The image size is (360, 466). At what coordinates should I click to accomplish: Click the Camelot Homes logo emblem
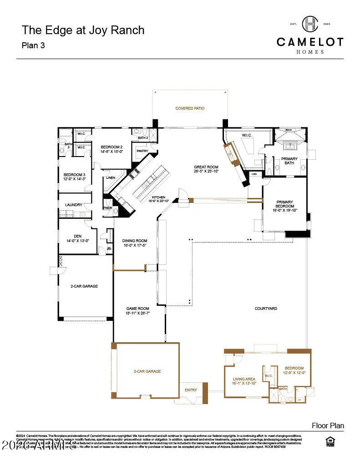pos(310,24)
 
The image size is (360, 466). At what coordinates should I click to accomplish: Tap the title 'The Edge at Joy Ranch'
pos(83,30)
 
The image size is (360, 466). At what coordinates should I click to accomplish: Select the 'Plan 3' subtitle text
pos(34,46)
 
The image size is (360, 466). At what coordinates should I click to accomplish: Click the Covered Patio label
pos(190,108)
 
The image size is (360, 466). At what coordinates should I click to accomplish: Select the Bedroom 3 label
pos(74,175)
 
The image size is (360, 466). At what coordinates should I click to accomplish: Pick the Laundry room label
pos(73,205)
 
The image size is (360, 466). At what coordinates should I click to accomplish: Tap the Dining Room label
pos(135,241)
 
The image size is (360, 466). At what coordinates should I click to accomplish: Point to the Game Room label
pos(137,308)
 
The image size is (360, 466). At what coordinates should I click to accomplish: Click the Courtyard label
pos(266,309)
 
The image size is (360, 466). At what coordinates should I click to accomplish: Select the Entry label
pos(191,390)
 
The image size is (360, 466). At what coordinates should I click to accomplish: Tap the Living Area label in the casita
pos(243,379)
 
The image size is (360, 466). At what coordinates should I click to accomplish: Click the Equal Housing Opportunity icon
pos(330,441)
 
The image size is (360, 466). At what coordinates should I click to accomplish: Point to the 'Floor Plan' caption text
pos(328,426)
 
